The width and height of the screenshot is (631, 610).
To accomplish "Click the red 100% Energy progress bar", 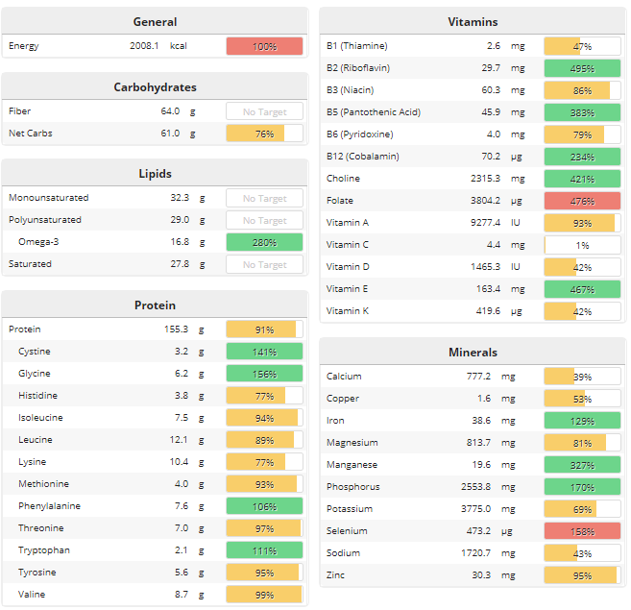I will click(264, 46).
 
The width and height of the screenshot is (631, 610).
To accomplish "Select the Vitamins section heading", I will click(473, 21).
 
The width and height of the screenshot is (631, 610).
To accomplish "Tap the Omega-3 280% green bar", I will click(264, 242).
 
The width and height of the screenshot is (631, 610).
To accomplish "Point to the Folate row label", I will click(340, 201).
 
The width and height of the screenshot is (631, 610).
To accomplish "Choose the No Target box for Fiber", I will click(264, 111).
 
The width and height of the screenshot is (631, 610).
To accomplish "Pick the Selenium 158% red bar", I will click(582, 531).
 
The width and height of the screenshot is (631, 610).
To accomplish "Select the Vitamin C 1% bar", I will click(582, 245).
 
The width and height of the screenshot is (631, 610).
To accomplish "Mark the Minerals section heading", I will click(473, 353).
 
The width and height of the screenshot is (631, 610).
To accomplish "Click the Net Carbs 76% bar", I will click(264, 134).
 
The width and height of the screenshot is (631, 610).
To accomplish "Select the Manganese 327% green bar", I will click(582, 465).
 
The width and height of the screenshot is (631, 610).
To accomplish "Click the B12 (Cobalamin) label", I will click(362, 157).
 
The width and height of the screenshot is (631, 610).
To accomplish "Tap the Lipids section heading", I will click(155, 174).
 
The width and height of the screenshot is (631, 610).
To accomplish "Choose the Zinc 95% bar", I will click(582, 575).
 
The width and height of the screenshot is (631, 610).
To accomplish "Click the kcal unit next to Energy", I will click(179, 46).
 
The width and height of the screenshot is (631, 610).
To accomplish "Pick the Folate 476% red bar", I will click(582, 201).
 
